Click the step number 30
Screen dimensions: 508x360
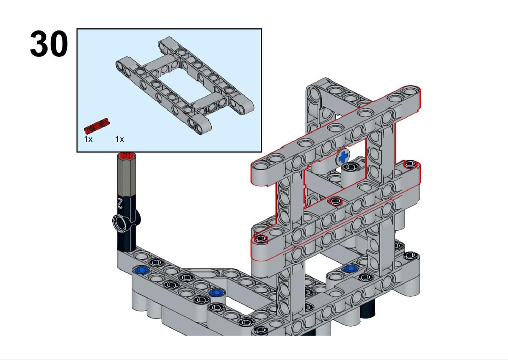(x=49, y=44)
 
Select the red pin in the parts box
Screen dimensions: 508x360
(x=97, y=126)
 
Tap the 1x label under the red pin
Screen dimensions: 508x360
(x=88, y=139)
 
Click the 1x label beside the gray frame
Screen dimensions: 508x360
(x=119, y=139)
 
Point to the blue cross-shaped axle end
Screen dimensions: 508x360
(x=343, y=157)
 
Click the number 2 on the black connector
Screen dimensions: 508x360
(x=120, y=203)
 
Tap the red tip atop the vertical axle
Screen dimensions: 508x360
(x=127, y=155)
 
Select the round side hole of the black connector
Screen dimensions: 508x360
(x=120, y=222)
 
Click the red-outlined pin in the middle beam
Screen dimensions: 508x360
(x=335, y=201)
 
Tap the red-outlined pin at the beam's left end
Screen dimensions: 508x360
(x=261, y=238)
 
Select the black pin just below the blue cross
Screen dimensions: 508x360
(x=351, y=167)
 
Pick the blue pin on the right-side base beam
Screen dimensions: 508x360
(x=351, y=269)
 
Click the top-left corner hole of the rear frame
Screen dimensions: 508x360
(x=314, y=94)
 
